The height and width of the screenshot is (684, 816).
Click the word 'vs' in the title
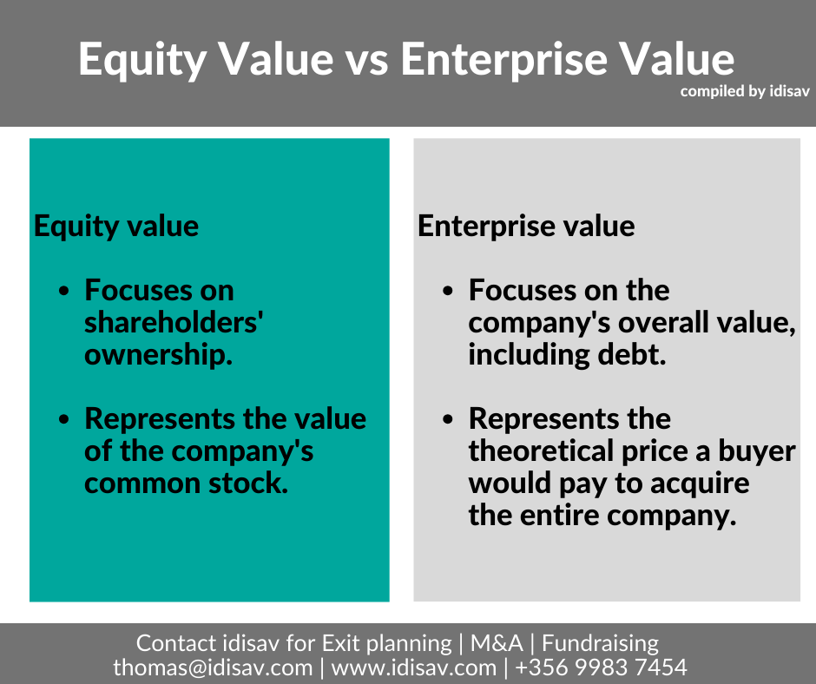pos(366,61)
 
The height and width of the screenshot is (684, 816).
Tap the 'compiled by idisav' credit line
pos(745,91)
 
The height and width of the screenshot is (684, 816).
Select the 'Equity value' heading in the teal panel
pos(116,227)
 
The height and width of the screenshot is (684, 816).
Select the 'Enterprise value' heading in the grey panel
pos(526,227)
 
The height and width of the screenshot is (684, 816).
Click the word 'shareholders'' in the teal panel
pos(174,322)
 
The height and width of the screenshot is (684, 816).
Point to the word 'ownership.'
pos(158,356)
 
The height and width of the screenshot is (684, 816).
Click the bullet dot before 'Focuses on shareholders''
pos(64,291)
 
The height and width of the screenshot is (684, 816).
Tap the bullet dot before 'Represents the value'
pos(64,419)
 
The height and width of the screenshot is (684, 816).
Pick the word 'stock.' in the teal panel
pos(248,483)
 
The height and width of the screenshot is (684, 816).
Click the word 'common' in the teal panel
pos(142,483)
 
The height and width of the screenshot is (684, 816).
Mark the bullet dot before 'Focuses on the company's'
pos(448,291)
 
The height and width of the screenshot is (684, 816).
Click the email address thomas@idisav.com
pos(213,668)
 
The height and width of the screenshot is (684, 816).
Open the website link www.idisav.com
pos(414,668)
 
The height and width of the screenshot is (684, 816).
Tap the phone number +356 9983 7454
pos(601,668)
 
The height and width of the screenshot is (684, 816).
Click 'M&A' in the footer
pos(497,643)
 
